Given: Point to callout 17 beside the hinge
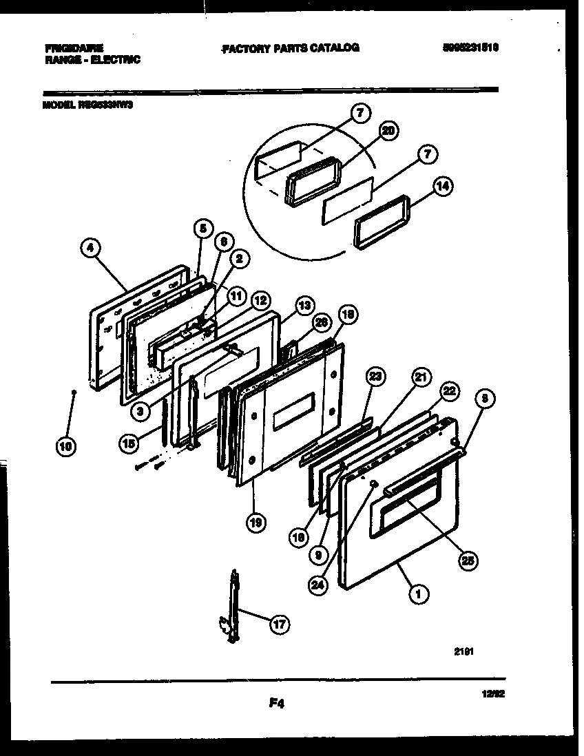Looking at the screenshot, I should click(x=279, y=625).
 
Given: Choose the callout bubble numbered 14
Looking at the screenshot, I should click(x=443, y=186).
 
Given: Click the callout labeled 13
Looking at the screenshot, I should click(x=304, y=306).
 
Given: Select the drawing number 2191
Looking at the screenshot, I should click(x=463, y=649).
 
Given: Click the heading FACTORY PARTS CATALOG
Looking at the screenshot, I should click(x=290, y=48).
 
